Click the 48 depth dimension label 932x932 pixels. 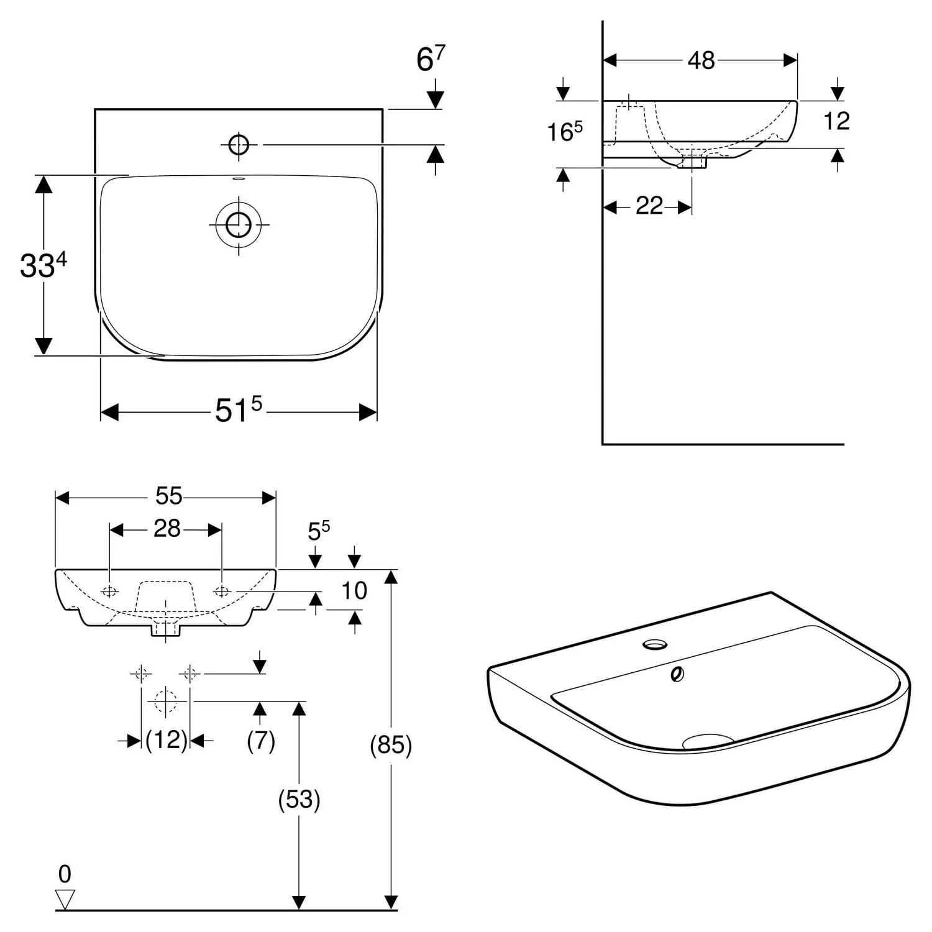point(701,60)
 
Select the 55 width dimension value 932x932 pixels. point(168,496)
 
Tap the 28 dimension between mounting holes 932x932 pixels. point(167,528)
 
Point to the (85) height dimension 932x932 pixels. point(391,744)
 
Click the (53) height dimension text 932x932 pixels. point(299,799)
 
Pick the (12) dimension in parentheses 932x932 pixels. point(166,739)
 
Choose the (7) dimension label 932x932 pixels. point(261,740)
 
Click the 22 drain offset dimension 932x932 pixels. point(649,206)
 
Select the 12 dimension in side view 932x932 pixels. point(836,121)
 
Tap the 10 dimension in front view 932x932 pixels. point(354,590)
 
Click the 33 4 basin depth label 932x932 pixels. point(43,265)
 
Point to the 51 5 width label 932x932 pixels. point(239,409)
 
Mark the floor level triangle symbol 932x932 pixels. point(65,899)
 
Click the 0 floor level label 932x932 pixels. point(65,874)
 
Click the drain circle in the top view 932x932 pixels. point(239,224)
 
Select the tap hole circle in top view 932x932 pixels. point(239,145)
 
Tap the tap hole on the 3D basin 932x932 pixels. point(654,645)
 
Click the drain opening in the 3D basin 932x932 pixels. point(708,741)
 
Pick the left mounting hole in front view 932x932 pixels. point(109,591)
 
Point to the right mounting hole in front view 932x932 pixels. point(222,591)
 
